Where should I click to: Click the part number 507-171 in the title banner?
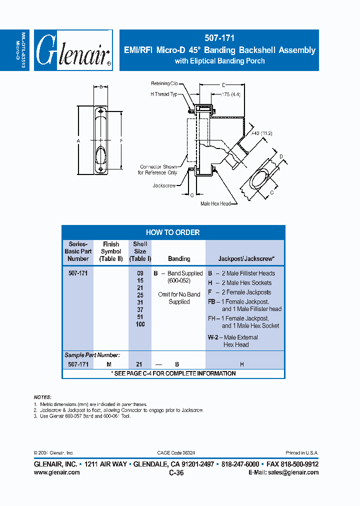219,37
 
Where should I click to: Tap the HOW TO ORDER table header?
173,232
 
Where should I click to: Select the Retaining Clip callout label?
167,83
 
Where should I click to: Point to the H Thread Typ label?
164,94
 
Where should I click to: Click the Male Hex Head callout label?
215,203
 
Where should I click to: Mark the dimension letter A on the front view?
78,141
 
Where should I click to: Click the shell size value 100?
140,324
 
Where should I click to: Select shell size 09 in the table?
140,273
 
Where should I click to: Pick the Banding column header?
179,258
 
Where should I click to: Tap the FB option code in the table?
212,302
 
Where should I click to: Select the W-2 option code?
213,337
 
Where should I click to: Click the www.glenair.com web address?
56,472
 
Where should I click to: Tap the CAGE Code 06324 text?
174,452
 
